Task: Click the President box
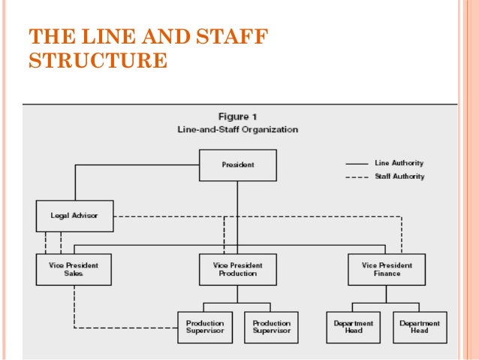[x=237, y=165]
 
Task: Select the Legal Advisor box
[x=74, y=216]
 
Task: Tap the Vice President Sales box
[x=74, y=269]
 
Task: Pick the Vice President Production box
[x=237, y=269]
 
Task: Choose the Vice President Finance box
[x=386, y=269]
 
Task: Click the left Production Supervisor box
[x=204, y=327]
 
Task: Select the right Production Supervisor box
[x=270, y=327]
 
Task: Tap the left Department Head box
[x=353, y=327]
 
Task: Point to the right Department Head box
[x=420, y=327]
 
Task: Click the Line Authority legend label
[x=399, y=163]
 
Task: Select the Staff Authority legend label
[x=399, y=177]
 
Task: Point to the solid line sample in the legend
[x=357, y=163]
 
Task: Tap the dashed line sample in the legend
[x=357, y=177]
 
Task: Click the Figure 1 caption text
[x=237, y=116]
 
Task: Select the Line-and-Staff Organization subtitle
[x=237, y=129]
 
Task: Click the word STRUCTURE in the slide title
[x=98, y=60]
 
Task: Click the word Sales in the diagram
[x=74, y=274]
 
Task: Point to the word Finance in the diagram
[x=386, y=274]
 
